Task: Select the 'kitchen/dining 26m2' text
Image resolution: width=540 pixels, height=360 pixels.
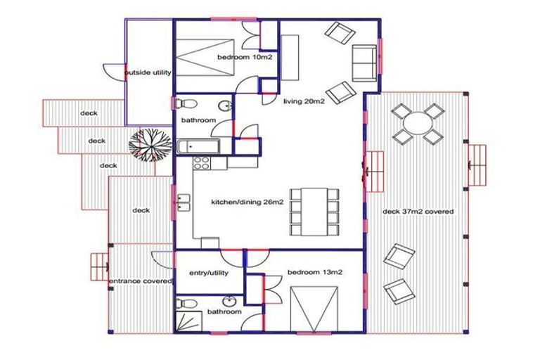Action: (x=247, y=203)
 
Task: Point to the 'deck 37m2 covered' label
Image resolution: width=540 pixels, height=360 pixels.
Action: (x=418, y=211)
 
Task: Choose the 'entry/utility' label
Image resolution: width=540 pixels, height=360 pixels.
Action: (x=206, y=273)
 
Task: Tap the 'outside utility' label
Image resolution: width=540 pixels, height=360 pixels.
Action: (x=148, y=72)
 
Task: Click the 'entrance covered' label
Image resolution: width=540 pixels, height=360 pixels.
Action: (x=140, y=281)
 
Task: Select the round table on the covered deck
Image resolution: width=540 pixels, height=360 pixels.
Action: (x=417, y=124)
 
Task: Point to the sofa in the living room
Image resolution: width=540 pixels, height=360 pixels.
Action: (x=364, y=62)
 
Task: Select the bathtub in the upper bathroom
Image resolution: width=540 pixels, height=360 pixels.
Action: (x=199, y=147)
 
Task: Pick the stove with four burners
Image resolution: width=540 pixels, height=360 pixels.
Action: (x=201, y=162)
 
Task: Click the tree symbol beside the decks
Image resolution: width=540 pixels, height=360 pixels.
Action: (x=150, y=146)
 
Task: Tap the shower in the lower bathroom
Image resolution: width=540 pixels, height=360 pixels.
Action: (x=188, y=322)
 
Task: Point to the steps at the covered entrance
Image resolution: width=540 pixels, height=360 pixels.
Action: (x=98, y=267)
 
